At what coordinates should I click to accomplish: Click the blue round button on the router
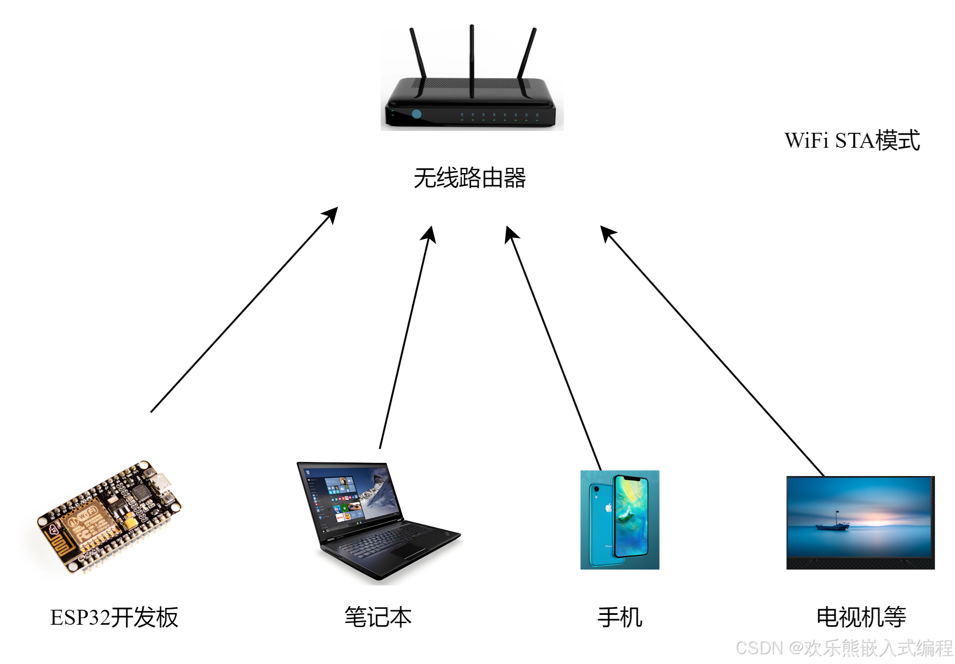point(416,114)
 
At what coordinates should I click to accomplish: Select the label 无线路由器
point(470,178)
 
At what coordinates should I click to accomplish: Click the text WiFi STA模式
point(852,140)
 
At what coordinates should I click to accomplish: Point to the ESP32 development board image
point(110,517)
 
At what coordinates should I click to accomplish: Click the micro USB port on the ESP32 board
point(163,483)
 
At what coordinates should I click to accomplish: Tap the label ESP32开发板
point(114,617)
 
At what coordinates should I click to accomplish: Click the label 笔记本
point(378,617)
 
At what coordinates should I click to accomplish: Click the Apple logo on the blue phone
point(609,508)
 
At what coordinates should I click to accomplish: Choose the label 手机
point(620,617)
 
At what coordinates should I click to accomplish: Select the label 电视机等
point(861,617)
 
